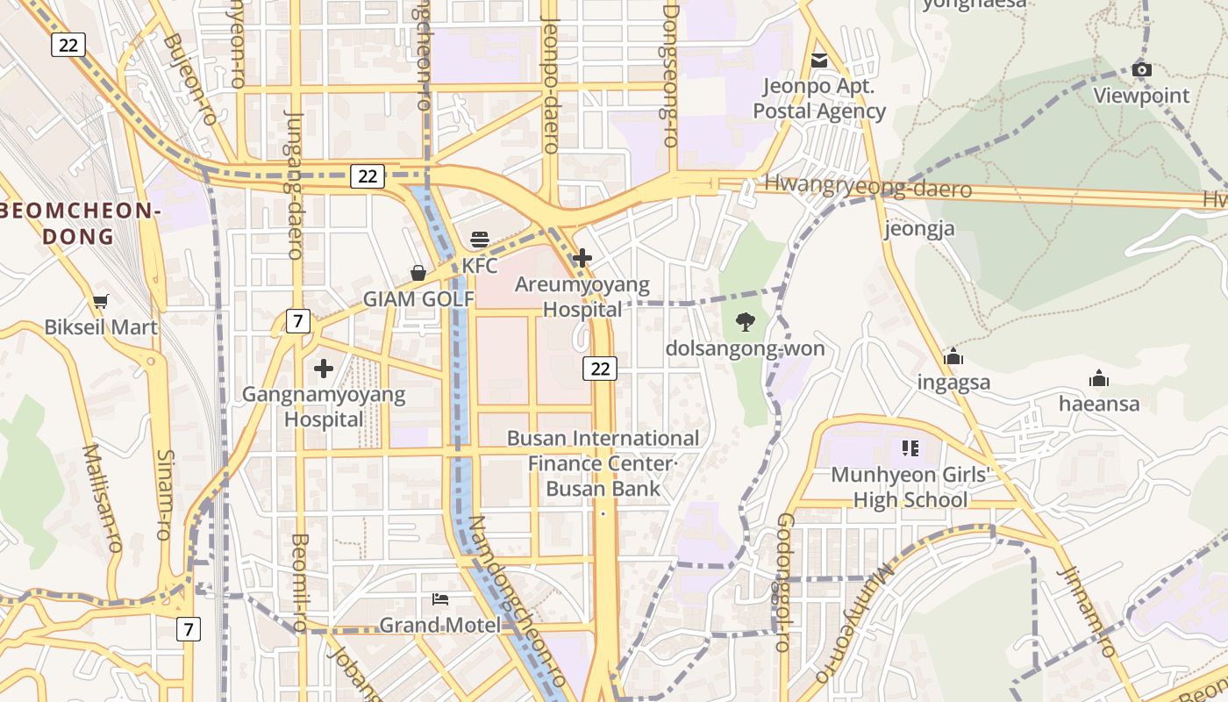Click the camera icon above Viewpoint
[1141, 70]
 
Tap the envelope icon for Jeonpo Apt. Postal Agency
[819, 61]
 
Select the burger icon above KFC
[480, 239]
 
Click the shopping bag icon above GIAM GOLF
[418, 273]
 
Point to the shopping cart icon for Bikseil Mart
[101, 302]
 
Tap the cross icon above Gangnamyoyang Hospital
[324, 369]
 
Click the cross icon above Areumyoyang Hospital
[582, 258]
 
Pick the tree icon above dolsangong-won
[745, 322]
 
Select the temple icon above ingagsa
[953, 356]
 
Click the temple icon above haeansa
[1098, 379]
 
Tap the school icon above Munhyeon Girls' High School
[910, 449]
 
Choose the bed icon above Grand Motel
[440, 599]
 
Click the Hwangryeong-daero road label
[867, 186]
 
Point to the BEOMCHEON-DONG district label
[79, 223]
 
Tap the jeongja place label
[919, 229]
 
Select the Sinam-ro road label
[166, 491]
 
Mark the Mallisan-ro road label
[103, 497]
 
